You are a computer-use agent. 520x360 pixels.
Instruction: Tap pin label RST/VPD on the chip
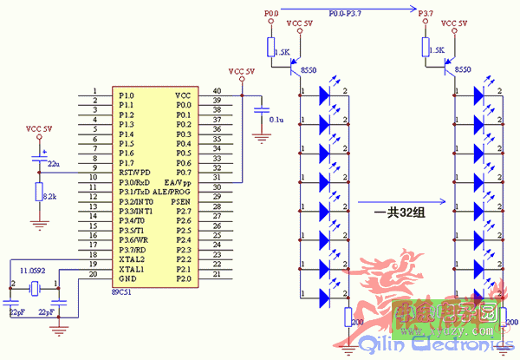pyautogui.click(x=134, y=172)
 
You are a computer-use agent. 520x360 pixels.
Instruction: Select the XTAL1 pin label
pyautogui.click(x=132, y=270)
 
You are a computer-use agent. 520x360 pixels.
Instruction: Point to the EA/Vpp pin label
pyautogui.click(x=177, y=182)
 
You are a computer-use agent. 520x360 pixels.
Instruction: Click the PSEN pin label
pyautogui.click(x=181, y=201)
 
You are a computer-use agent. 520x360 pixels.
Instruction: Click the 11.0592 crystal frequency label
pyautogui.click(x=34, y=272)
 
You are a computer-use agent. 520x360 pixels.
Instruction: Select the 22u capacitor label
pyautogui.click(x=54, y=163)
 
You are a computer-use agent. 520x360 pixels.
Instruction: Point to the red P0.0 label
pyautogui.click(x=270, y=14)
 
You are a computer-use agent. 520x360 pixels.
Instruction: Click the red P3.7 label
pyautogui.click(x=425, y=14)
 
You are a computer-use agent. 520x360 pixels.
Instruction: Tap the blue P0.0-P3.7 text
pyautogui.click(x=347, y=14)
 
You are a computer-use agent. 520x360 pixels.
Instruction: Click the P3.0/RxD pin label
pyautogui.click(x=134, y=182)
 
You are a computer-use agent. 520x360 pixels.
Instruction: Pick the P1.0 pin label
pyautogui.click(x=127, y=95)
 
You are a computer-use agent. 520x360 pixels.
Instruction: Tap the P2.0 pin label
pyautogui.click(x=183, y=279)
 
